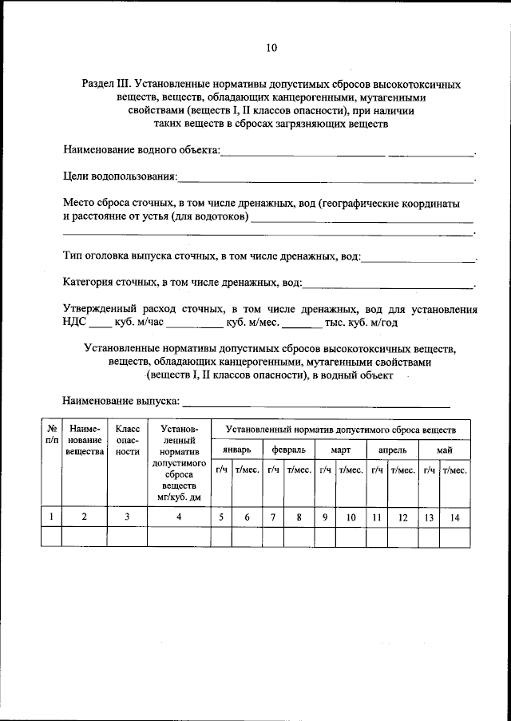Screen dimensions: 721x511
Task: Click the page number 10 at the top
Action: pyautogui.click(x=271, y=48)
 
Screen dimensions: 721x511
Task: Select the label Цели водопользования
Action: pyautogui.click(x=121, y=176)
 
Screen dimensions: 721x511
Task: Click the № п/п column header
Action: pyautogui.click(x=51, y=434)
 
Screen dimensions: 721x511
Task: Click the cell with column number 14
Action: pyautogui.click(x=454, y=517)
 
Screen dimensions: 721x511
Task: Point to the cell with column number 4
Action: pyautogui.click(x=179, y=517)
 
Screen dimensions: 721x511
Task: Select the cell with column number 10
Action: pyautogui.click(x=351, y=517)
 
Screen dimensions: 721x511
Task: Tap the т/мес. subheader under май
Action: pyautogui.click(x=454, y=471)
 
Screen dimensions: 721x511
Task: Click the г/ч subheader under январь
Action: pyautogui.click(x=221, y=471)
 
